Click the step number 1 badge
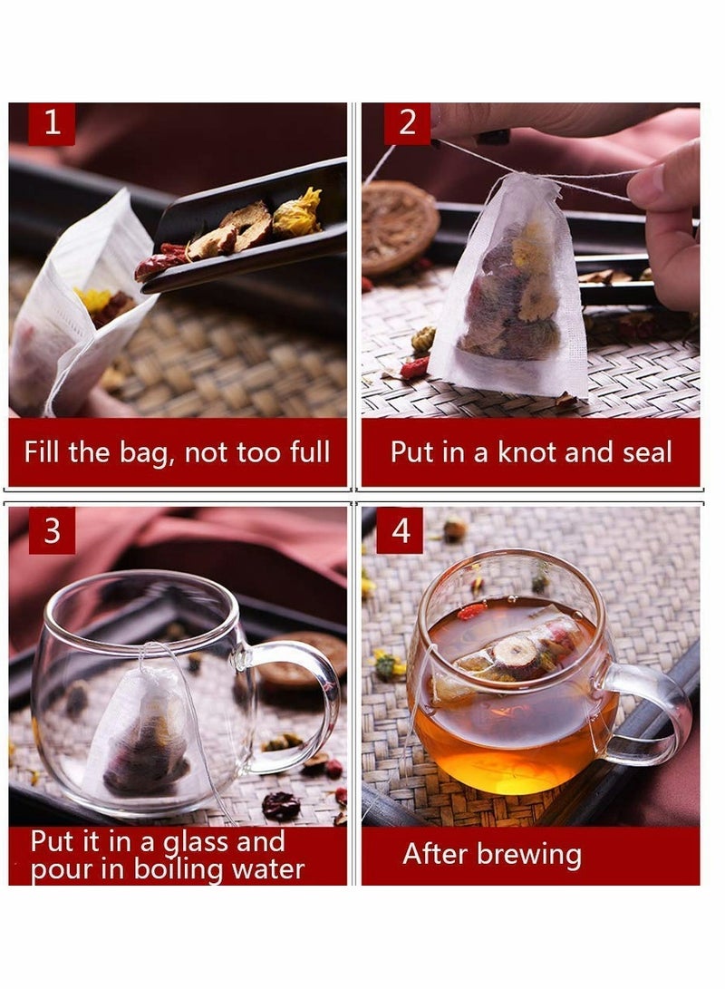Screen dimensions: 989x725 (52, 123)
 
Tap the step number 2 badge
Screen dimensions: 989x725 (407, 123)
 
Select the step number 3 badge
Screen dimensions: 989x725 (52, 530)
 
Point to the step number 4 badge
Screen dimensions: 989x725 (400, 530)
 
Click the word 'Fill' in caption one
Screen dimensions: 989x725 (44, 452)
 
